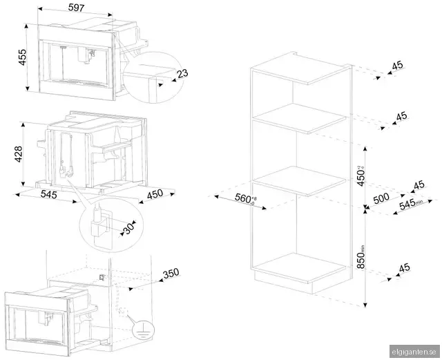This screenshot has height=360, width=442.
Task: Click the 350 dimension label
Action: point(171,274)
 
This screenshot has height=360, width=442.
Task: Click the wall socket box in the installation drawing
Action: point(102,278)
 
